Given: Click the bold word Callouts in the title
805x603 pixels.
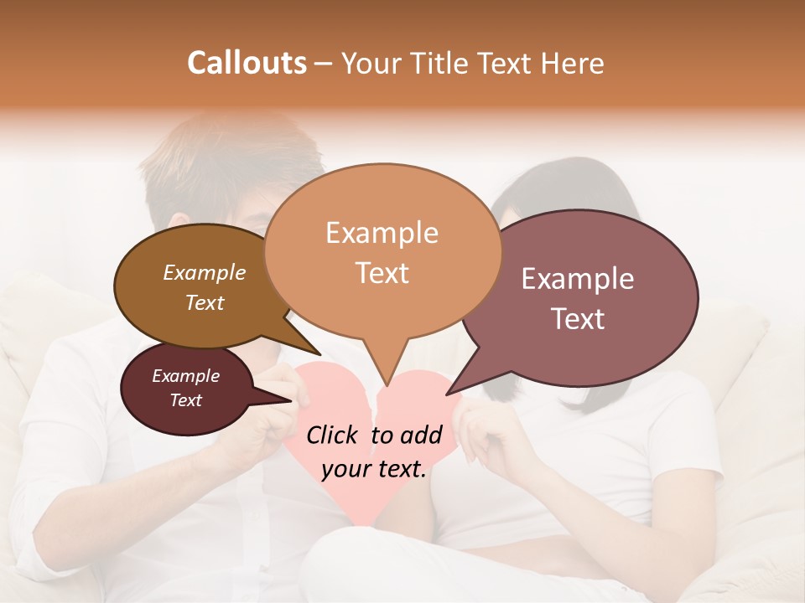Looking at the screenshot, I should click(247, 63).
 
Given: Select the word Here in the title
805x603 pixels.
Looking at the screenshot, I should click(574, 63).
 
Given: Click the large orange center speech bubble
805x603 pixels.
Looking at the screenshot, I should click(382, 251).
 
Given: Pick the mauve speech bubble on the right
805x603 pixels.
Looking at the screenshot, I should click(579, 297).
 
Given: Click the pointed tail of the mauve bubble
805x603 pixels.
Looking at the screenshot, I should click(449, 394).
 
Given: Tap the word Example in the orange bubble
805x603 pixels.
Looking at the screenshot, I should click(382, 233).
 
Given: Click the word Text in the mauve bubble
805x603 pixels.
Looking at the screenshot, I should click(578, 319).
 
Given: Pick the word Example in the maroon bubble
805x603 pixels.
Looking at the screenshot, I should click(186, 376).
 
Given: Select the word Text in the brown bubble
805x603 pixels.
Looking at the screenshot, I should click(205, 303).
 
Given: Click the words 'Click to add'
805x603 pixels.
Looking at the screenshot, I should click(374, 435).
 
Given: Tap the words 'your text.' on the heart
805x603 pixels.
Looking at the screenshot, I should click(374, 469).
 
